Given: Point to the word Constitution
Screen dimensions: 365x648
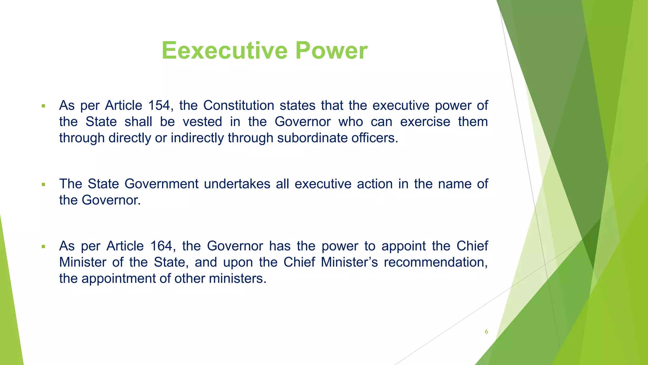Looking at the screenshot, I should click(x=239, y=106).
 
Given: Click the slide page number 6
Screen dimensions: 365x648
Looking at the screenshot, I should click(x=486, y=332).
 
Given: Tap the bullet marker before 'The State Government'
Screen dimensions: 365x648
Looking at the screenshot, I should click(x=44, y=184).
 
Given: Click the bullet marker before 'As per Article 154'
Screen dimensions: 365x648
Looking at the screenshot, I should click(x=44, y=106).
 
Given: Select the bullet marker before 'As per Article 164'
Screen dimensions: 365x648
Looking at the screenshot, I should click(x=44, y=247).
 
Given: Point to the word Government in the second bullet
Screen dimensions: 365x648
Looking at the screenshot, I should click(x=161, y=184).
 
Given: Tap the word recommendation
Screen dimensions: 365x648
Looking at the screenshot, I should click(x=436, y=263).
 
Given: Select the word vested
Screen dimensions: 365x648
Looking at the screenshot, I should click(x=202, y=122).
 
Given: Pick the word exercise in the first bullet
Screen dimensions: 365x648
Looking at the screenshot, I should click(x=425, y=122).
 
